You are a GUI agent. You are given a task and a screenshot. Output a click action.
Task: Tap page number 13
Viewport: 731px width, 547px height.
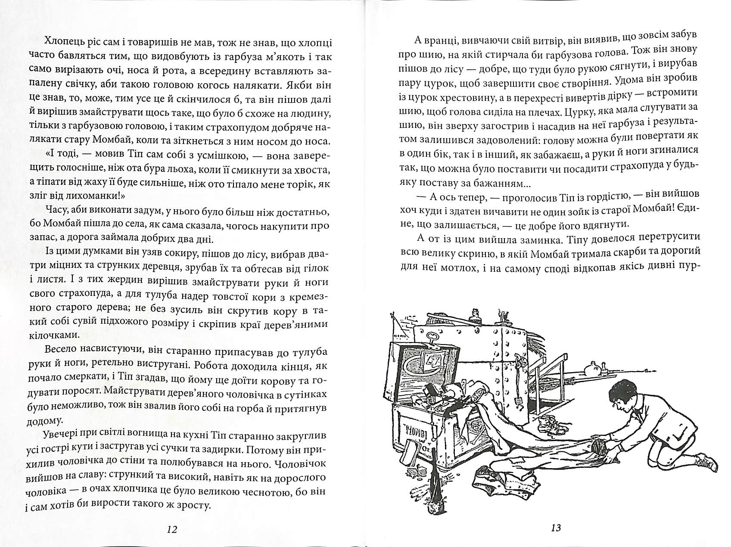point(556,528)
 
